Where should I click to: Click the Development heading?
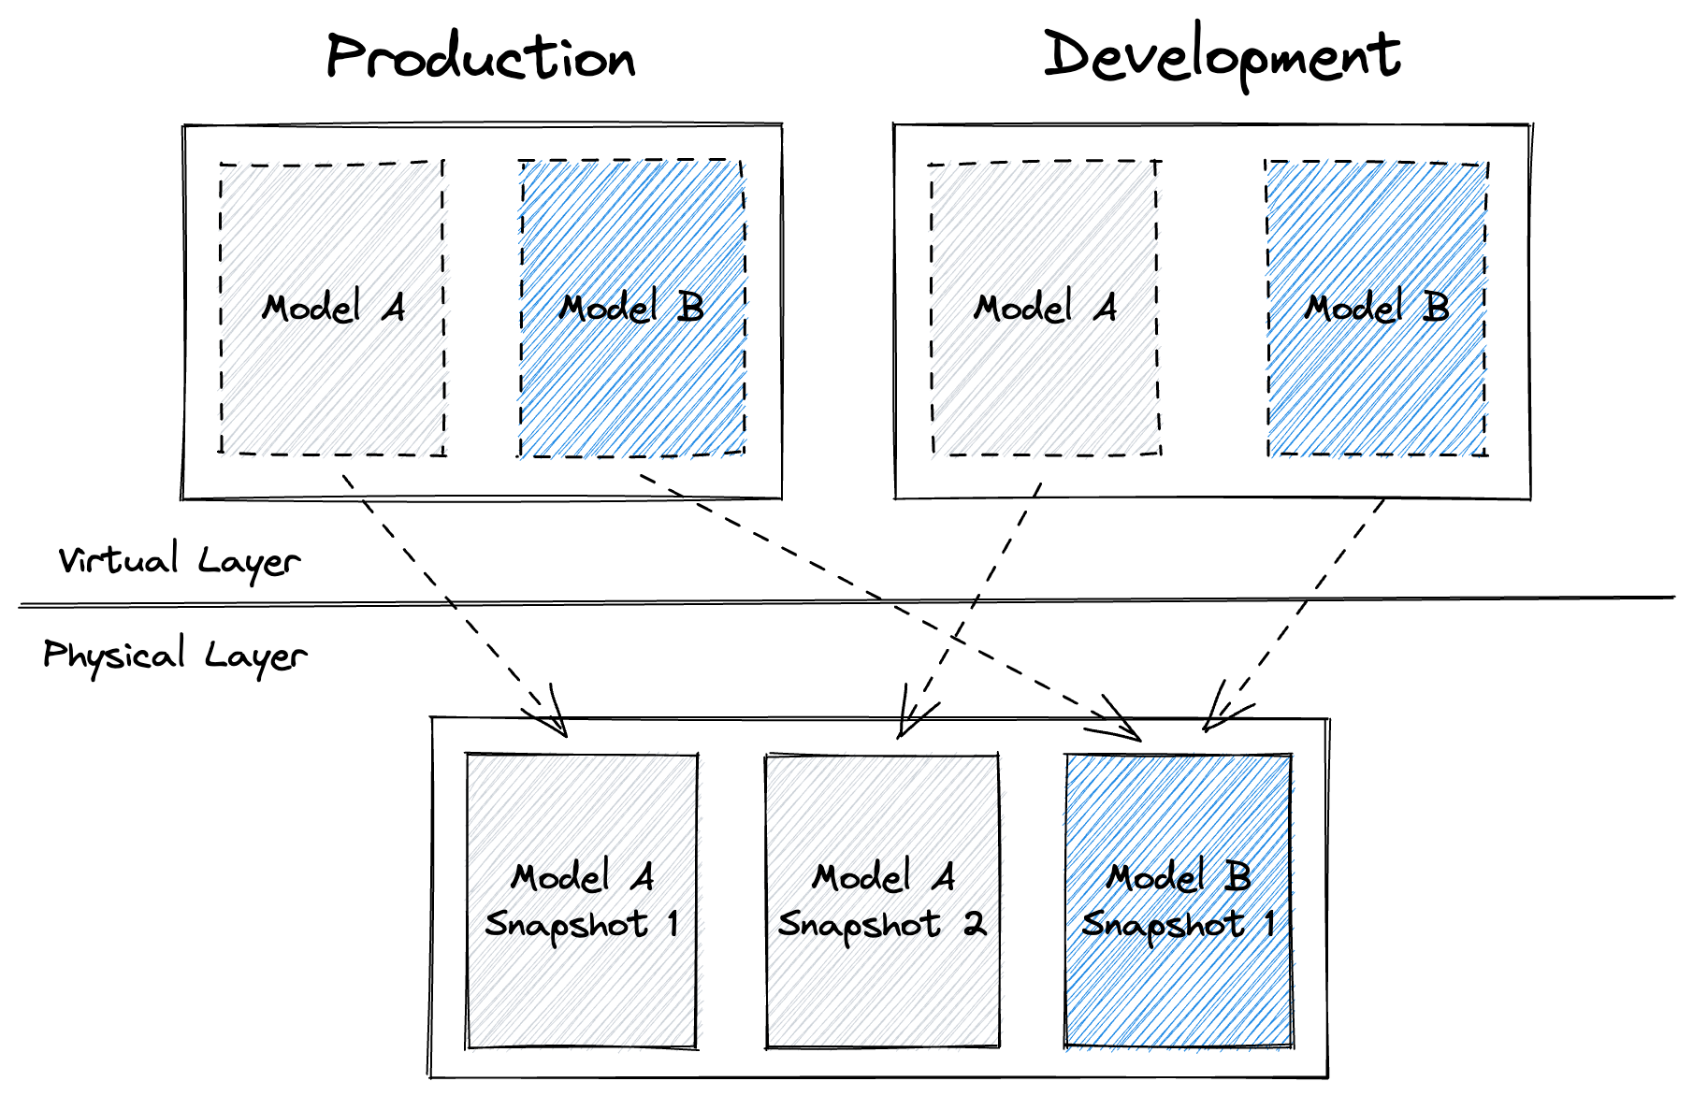1222,56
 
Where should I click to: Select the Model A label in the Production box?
334,308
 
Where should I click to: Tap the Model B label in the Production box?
631,308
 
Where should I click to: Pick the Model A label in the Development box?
1045,308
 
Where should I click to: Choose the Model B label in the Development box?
1377,308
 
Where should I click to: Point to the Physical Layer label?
175,656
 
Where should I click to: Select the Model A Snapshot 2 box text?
882,901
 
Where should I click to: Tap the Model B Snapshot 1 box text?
1179,901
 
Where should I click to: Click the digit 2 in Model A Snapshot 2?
975,925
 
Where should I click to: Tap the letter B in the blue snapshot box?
1238,877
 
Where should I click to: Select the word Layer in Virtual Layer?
249,562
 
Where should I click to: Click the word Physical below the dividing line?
114,656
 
